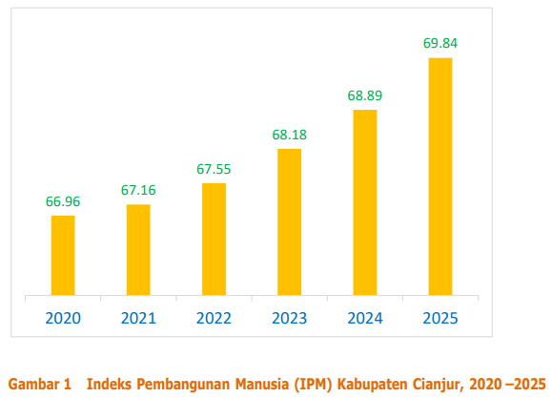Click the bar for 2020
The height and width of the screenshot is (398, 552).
(63, 255)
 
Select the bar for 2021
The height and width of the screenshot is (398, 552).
(138, 249)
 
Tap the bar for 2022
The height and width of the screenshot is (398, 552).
(214, 239)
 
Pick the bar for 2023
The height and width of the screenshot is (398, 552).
(289, 221)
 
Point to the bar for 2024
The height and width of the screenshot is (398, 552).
(364, 202)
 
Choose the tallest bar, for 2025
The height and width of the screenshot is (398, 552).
(440, 177)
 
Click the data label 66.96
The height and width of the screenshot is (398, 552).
(63, 201)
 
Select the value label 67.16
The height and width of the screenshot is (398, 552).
(138, 190)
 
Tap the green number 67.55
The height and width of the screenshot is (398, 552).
(214, 169)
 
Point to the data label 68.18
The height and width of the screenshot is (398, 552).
(289, 135)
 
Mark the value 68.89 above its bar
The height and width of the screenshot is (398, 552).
(364, 96)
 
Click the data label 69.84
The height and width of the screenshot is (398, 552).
(440, 44)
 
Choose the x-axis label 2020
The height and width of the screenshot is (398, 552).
(63, 318)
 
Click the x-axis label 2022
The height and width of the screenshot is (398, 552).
(214, 318)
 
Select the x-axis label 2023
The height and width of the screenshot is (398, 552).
(289, 318)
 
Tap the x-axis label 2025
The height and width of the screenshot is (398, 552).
(440, 318)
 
